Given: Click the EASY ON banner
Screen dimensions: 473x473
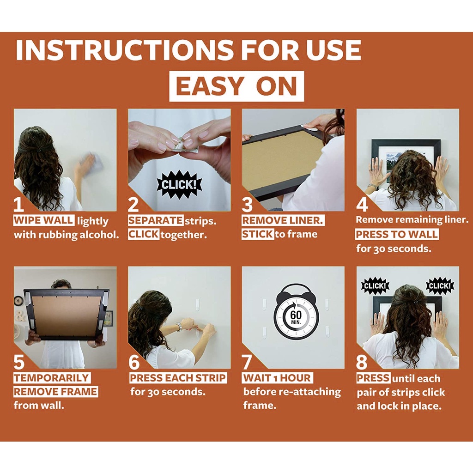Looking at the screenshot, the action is coord(236,86).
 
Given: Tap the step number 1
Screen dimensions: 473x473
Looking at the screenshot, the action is coord(18,204).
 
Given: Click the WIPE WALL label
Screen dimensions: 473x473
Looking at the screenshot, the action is coord(43,220).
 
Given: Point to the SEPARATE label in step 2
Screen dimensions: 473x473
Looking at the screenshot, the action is coord(156,220).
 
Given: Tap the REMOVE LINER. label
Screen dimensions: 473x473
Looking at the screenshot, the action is coord(283,220).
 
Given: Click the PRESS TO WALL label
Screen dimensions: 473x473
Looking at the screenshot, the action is coord(397,234).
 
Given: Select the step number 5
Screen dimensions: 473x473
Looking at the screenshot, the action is coord(19,362).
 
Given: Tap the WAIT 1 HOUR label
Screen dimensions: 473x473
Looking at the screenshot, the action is coord(277,378).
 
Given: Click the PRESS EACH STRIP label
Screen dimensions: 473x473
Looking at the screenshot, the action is coord(178,378).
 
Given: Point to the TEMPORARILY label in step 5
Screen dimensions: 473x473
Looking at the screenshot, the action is coord(52,378).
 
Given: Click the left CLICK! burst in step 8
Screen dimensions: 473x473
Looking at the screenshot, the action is coord(375,285).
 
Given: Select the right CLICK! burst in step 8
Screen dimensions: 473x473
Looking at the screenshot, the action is coord(440,285).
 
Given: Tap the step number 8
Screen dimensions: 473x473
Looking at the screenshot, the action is coord(362,362).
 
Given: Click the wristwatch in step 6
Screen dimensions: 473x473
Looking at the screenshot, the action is coord(179,327).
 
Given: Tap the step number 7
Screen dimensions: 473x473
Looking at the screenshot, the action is coord(247,362).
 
